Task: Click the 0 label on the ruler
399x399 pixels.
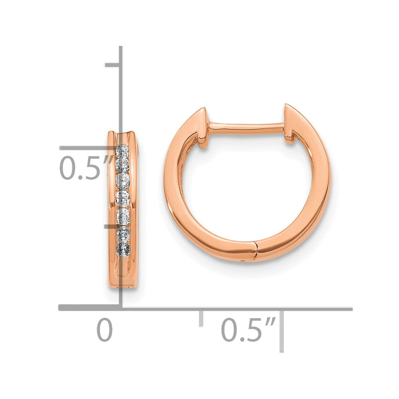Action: click(105, 330)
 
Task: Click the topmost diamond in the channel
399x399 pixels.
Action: click(122, 151)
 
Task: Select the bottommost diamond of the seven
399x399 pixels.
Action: click(122, 249)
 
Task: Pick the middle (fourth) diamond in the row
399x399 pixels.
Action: click(122, 197)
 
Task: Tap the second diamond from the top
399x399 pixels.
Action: click(122, 165)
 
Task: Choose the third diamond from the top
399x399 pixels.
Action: click(122, 180)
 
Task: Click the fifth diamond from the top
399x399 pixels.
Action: click(123, 216)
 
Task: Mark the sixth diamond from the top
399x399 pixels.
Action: click(123, 233)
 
